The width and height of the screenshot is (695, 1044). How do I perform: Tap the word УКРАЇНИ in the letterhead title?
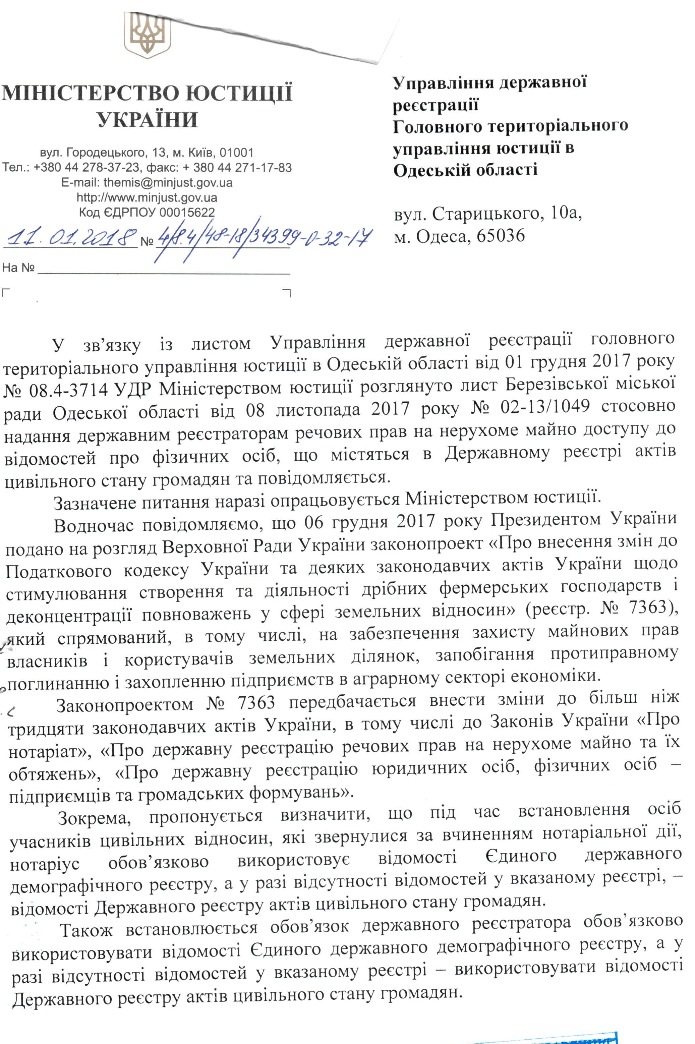pos(147,120)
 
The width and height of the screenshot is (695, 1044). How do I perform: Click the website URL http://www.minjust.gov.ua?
pos(147,197)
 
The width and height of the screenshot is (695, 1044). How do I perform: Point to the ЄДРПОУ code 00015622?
pos(187,212)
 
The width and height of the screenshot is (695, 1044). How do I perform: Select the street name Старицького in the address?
pos(485,215)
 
